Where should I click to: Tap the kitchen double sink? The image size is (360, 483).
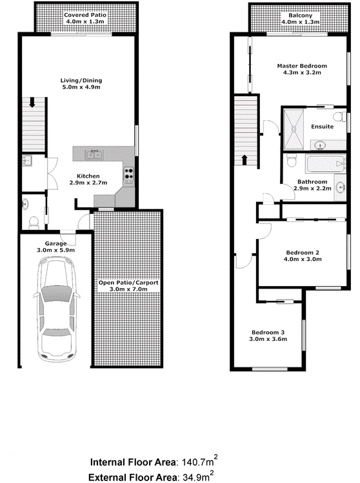click(x=94, y=154)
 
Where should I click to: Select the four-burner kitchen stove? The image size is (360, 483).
click(x=129, y=174)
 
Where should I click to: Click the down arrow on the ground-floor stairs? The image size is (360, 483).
click(x=32, y=103)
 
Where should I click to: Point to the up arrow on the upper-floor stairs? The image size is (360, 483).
click(x=245, y=160)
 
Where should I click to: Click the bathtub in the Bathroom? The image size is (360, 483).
click(x=325, y=165)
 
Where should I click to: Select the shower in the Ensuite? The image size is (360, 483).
click(x=294, y=129)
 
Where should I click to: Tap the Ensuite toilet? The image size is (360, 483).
click(x=340, y=117)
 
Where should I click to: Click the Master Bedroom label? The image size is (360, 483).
click(x=302, y=66)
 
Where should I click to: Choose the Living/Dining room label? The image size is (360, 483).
click(x=81, y=81)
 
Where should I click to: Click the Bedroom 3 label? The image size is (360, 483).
click(x=268, y=333)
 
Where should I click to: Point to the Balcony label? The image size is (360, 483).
click(x=300, y=15)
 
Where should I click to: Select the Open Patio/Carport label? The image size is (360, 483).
click(x=128, y=282)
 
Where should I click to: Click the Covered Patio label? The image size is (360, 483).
click(x=85, y=15)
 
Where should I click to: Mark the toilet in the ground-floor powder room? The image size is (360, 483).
click(x=34, y=223)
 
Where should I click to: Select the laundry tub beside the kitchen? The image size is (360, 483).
click(x=27, y=161)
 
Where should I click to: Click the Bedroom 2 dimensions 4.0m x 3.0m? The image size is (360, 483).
click(x=303, y=259)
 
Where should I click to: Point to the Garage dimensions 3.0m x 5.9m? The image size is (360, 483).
click(x=55, y=250)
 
